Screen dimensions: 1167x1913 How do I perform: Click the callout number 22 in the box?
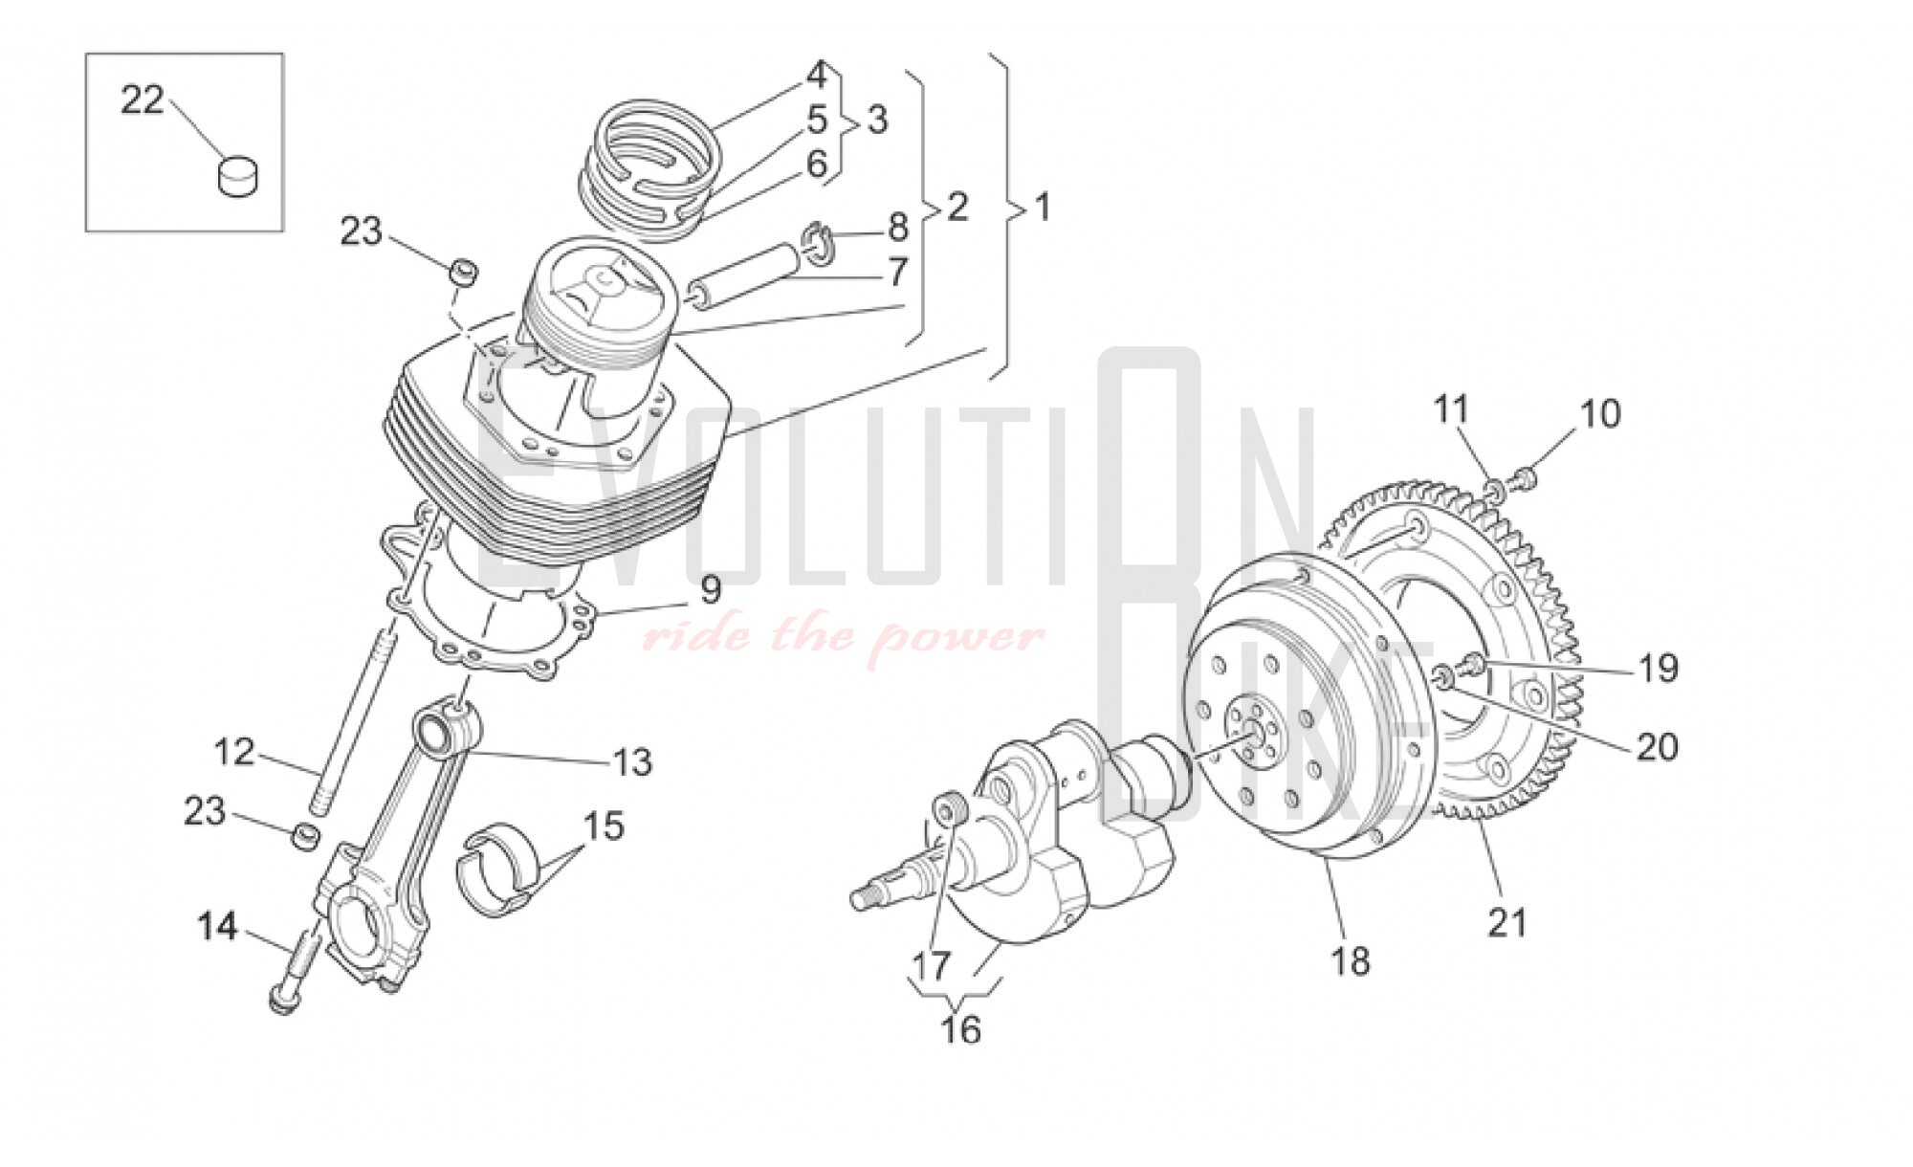142,99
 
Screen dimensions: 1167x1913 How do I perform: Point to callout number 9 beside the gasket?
710,590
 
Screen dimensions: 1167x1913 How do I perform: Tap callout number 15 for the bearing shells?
604,826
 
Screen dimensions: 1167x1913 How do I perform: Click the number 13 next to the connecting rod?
632,762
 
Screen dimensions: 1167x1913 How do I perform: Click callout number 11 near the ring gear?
1450,411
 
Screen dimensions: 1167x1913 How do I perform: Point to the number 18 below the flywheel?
1350,960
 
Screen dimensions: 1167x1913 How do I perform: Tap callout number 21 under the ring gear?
1507,922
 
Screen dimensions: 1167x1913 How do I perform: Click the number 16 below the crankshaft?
961,1030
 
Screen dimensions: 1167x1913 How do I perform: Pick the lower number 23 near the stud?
205,811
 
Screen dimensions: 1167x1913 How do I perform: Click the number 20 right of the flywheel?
1658,746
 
